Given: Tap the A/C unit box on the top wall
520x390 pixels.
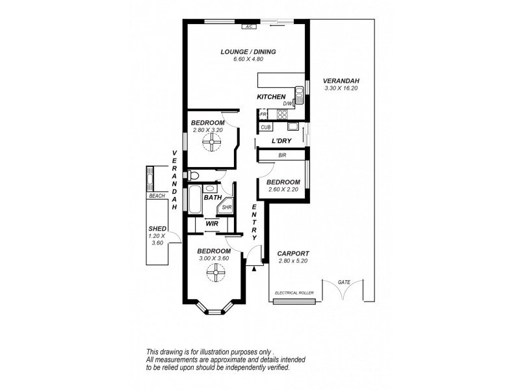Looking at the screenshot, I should click(x=249, y=27).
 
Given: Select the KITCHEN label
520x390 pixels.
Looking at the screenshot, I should click(x=271, y=97).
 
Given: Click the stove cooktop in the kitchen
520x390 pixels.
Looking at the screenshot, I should click(x=283, y=114).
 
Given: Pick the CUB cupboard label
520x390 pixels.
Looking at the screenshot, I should click(x=266, y=128).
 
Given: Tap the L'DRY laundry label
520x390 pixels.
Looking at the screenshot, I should click(x=281, y=141).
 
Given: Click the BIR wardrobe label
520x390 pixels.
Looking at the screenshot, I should click(x=282, y=155).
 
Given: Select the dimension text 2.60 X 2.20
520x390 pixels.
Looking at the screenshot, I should click(x=283, y=190).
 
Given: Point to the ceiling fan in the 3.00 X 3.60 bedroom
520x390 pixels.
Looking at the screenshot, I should click(x=214, y=276).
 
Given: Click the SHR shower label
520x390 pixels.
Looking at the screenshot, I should click(x=226, y=208).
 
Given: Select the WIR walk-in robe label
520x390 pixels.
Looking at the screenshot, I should click(x=212, y=223).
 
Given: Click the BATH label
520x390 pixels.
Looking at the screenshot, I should click(x=213, y=197).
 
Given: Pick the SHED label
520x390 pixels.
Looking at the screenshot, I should click(x=158, y=229).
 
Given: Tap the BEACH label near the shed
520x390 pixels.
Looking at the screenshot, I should click(x=157, y=196).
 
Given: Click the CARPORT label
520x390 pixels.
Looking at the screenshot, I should click(x=292, y=253).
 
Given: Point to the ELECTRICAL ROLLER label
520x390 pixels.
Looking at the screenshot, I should click(x=295, y=293).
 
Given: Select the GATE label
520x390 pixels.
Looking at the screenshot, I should click(x=344, y=282).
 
